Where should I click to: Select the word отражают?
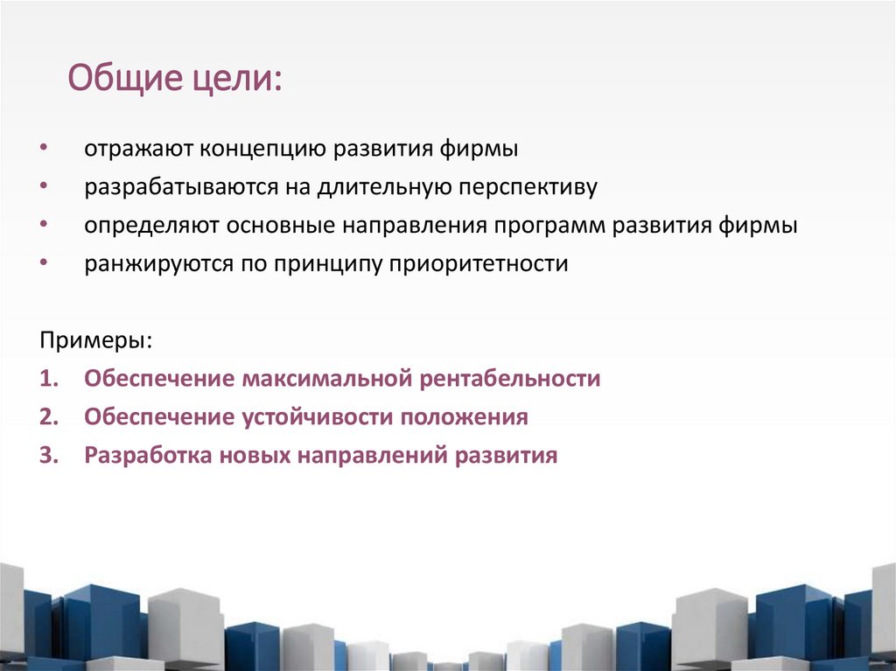tap(141, 149)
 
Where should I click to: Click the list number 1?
tap(47, 379)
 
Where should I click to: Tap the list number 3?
tap(47, 456)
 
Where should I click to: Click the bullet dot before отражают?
tap(44, 149)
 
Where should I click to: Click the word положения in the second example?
tap(465, 417)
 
